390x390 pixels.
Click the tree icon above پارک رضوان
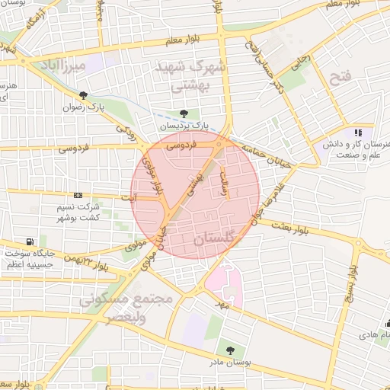(82, 96)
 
